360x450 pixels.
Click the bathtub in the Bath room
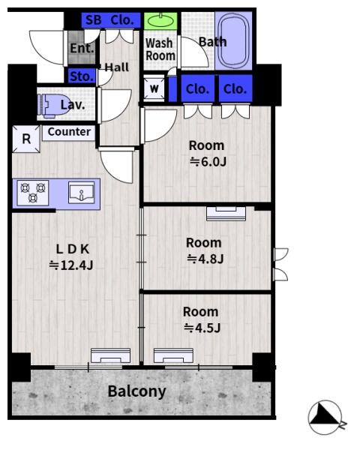[233, 40]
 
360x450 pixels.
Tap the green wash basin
[160, 21]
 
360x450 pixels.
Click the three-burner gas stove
[33, 193]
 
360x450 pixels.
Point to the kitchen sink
[82, 193]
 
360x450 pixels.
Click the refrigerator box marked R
[26, 139]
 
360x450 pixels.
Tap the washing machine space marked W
[154, 88]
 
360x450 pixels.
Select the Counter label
[69, 132]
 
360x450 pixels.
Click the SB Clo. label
[110, 20]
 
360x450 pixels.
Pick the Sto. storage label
[82, 76]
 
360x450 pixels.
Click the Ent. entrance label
[82, 48]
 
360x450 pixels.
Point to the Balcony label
[136, 391]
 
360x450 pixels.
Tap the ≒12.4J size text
[71, 265]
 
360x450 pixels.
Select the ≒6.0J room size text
[208, 162]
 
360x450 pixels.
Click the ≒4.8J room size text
[205, 259]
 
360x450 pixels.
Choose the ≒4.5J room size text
[202, 328]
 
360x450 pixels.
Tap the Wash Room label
[160, 49]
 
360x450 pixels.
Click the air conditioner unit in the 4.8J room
[226, 214]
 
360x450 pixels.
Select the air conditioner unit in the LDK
[110, 355]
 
